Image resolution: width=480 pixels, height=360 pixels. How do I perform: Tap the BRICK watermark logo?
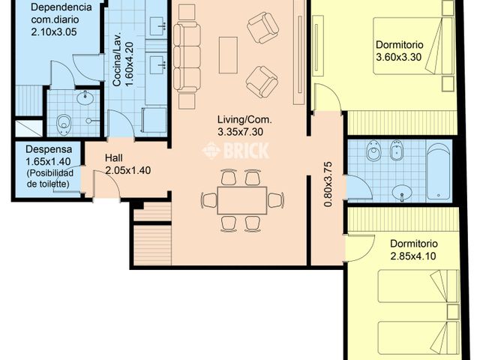tap(235, 151)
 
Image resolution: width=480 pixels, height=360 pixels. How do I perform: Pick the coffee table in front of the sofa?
tap(228, 55)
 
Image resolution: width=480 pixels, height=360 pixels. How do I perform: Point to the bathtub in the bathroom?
tap(439, 170)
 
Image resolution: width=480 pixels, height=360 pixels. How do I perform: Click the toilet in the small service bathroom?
tap(64, 122)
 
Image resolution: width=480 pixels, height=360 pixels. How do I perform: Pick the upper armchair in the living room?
tap(262, 28)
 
